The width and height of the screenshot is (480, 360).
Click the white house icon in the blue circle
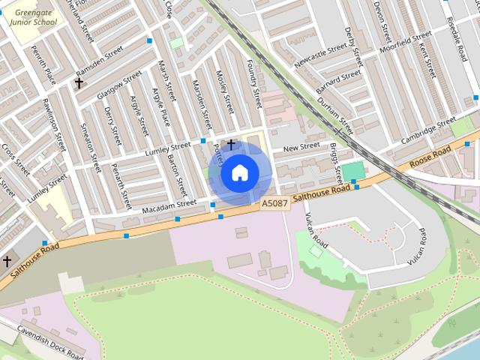pyautogui.click(x=239, y=173)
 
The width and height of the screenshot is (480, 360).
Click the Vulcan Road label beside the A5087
pyautogui.click(x=316, y=231)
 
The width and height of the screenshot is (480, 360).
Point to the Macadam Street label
pyautogui.click(x=169, y=204)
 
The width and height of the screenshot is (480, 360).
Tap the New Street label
pyautogui.click(x=301, y=148)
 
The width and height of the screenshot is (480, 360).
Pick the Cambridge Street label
pyautogui.click(x=427, y=129)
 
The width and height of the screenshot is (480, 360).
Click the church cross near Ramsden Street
pyautogui.click(x=79, y=83)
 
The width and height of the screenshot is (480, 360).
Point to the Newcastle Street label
pyautogui.click(x=321, y=55)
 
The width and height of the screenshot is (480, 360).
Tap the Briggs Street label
pyautogui.click(x=335, y=163)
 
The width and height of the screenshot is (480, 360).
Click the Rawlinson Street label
pyautogui.click(x=54, y=126)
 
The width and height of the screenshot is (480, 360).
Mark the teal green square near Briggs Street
pyautogui.click(x=352, y=170)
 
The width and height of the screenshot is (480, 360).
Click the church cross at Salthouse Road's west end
pyautogui.click(x=7, y=261)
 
